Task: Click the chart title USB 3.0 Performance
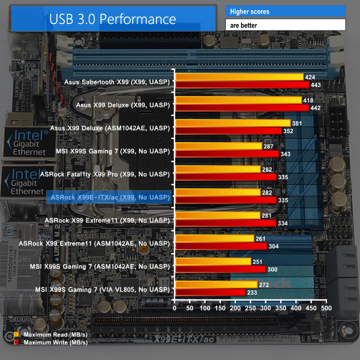tap(113, 19)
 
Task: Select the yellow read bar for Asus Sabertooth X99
tap(239, 77)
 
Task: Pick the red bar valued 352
tap(228, 130)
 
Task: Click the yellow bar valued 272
tap(215, 284)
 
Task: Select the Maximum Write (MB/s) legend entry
tap(49, 342)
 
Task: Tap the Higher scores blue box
tap(285, 11)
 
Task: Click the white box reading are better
tap(285, 25)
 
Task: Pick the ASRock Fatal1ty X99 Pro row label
tap(105, 173)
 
